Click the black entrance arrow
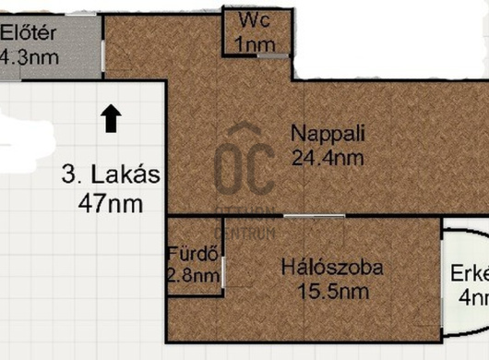coord(110,118)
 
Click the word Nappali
coord(328,133)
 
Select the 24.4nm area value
coord(328,157)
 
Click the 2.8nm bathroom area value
coord(194,274)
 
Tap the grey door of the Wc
coord(273,56)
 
